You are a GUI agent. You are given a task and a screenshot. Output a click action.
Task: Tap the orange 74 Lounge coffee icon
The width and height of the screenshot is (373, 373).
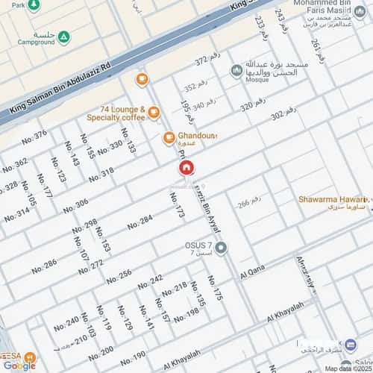[x=154, y=113]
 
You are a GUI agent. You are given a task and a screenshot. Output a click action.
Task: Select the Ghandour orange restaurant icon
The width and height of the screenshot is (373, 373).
[x=169, y=137]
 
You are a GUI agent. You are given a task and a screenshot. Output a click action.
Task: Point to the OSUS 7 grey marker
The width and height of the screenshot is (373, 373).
[x=222, y=248]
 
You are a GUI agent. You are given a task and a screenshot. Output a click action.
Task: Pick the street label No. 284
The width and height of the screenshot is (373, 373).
[x=140, y=222]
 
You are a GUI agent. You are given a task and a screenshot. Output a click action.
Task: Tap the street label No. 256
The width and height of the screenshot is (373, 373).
[x=119, y=276]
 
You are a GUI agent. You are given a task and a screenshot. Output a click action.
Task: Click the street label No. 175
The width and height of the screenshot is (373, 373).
[x=216, y=289]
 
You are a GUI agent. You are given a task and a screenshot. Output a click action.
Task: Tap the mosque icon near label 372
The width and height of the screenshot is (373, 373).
[x=237, y=70]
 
